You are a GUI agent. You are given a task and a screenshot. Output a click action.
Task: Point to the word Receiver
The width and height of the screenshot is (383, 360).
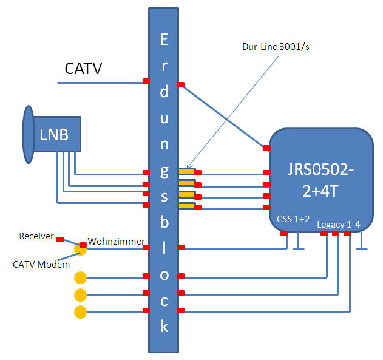tap(37, 236)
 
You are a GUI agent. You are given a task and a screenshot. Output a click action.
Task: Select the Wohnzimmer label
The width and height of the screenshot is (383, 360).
tap(115, 241)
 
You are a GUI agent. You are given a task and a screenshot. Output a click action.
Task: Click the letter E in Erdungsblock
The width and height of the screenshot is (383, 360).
tap(164, 41)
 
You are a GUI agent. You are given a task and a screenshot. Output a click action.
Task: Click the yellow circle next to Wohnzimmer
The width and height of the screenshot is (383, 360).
tap(80, 248)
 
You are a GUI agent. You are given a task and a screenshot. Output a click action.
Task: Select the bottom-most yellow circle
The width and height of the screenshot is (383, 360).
tap(80, 312)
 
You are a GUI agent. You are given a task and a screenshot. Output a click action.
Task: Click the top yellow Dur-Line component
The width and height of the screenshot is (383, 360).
tap(187, 172)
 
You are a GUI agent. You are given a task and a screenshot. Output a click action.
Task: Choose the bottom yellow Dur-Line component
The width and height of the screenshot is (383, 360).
tap(187, 207)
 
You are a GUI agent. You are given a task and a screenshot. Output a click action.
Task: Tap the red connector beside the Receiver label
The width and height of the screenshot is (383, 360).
tap(60, 239)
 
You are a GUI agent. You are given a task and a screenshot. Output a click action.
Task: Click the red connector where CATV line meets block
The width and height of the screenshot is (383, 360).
tap(146, 81)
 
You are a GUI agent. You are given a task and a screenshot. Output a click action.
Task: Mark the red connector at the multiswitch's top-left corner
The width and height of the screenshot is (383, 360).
tap(266, 147)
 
